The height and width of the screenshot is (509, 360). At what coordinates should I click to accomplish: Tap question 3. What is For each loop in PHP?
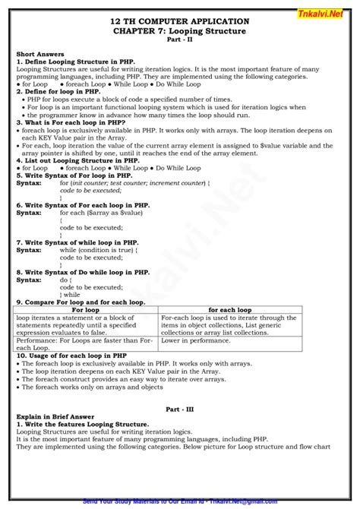pos(65,121)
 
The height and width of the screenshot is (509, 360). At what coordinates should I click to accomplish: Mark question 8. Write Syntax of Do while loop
pos(84,271)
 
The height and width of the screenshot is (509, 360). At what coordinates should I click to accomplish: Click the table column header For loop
pos(86,310)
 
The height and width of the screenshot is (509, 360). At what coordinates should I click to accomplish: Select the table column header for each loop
pos(230,310)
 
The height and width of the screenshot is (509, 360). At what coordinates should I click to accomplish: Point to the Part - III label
pos(180,409)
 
